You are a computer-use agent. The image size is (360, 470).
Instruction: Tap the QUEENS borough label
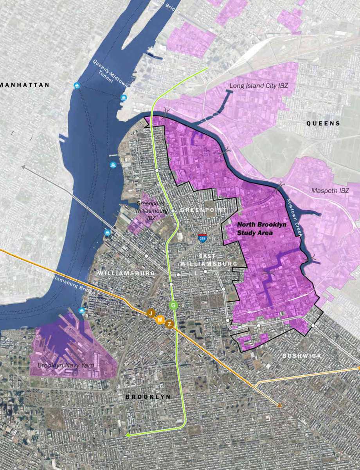pyautogui.click(x=323, y=123)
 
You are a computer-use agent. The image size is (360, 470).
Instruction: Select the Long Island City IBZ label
pyautogui.click(x=258, y=85)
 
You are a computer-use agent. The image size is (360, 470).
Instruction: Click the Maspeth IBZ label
pyautogui.click(x=330, y=191)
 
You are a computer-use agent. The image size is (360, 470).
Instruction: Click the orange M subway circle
pyautogui.click(x=160, y=320)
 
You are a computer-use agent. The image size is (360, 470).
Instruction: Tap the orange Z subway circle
pyautogui.click(x=169, y=324)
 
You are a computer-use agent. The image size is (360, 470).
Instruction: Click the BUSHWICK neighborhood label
pyautogui.click(x=302, y=356)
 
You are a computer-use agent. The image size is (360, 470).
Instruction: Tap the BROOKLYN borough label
pyautogui.click(x=148, y=397)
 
